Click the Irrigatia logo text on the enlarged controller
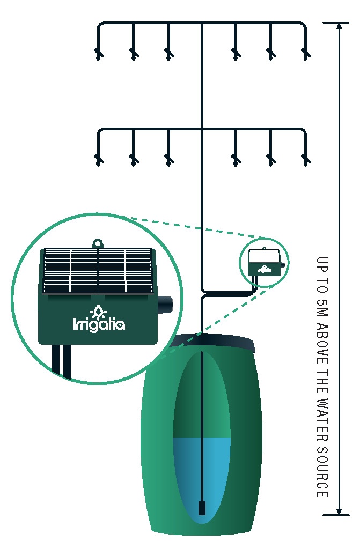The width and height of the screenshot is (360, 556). pos(99,324)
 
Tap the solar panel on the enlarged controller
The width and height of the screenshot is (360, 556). pos(98,270)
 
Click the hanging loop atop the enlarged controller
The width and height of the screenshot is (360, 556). pos(98,243)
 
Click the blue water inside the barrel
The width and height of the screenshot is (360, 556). pos(202,472)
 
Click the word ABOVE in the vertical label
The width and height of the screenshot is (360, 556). pos(322,344)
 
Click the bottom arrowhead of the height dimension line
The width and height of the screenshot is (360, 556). pos(339,511)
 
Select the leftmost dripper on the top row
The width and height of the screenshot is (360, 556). pos(98,53)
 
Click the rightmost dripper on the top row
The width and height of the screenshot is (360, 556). pos(306,53)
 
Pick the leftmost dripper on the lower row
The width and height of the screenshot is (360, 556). pos(98,159)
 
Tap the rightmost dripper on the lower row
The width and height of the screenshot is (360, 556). pos(306,159)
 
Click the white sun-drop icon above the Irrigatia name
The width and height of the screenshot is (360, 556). pos(99,311)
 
